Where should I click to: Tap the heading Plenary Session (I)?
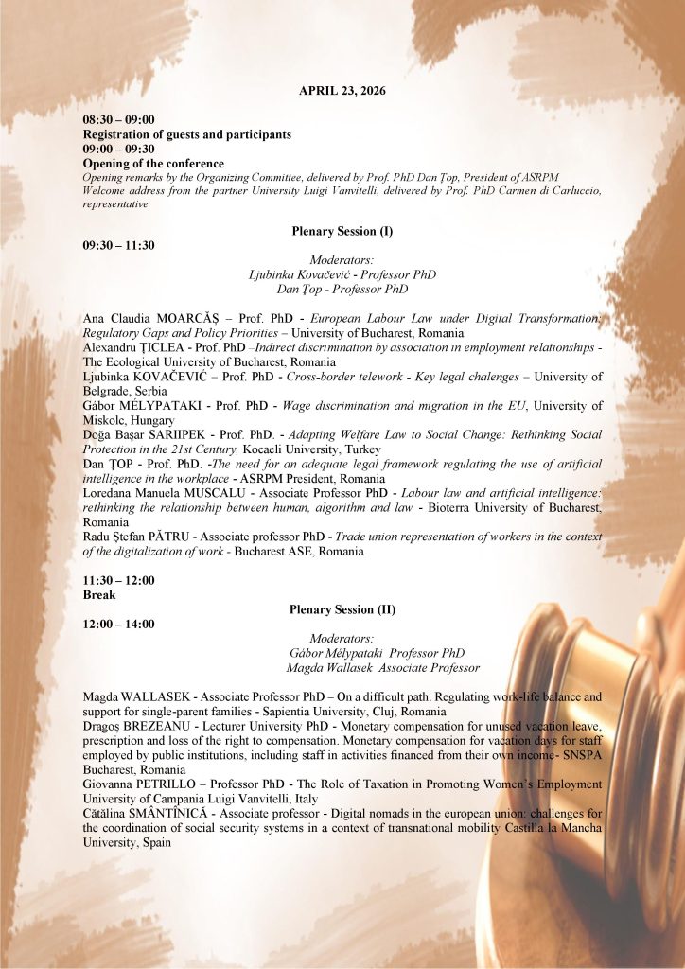(x=342, y=231)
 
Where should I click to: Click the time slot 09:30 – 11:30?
(x=118, y=246)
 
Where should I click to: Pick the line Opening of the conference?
(x=153, y=164)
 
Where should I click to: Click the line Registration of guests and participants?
(x=186, y=134)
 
